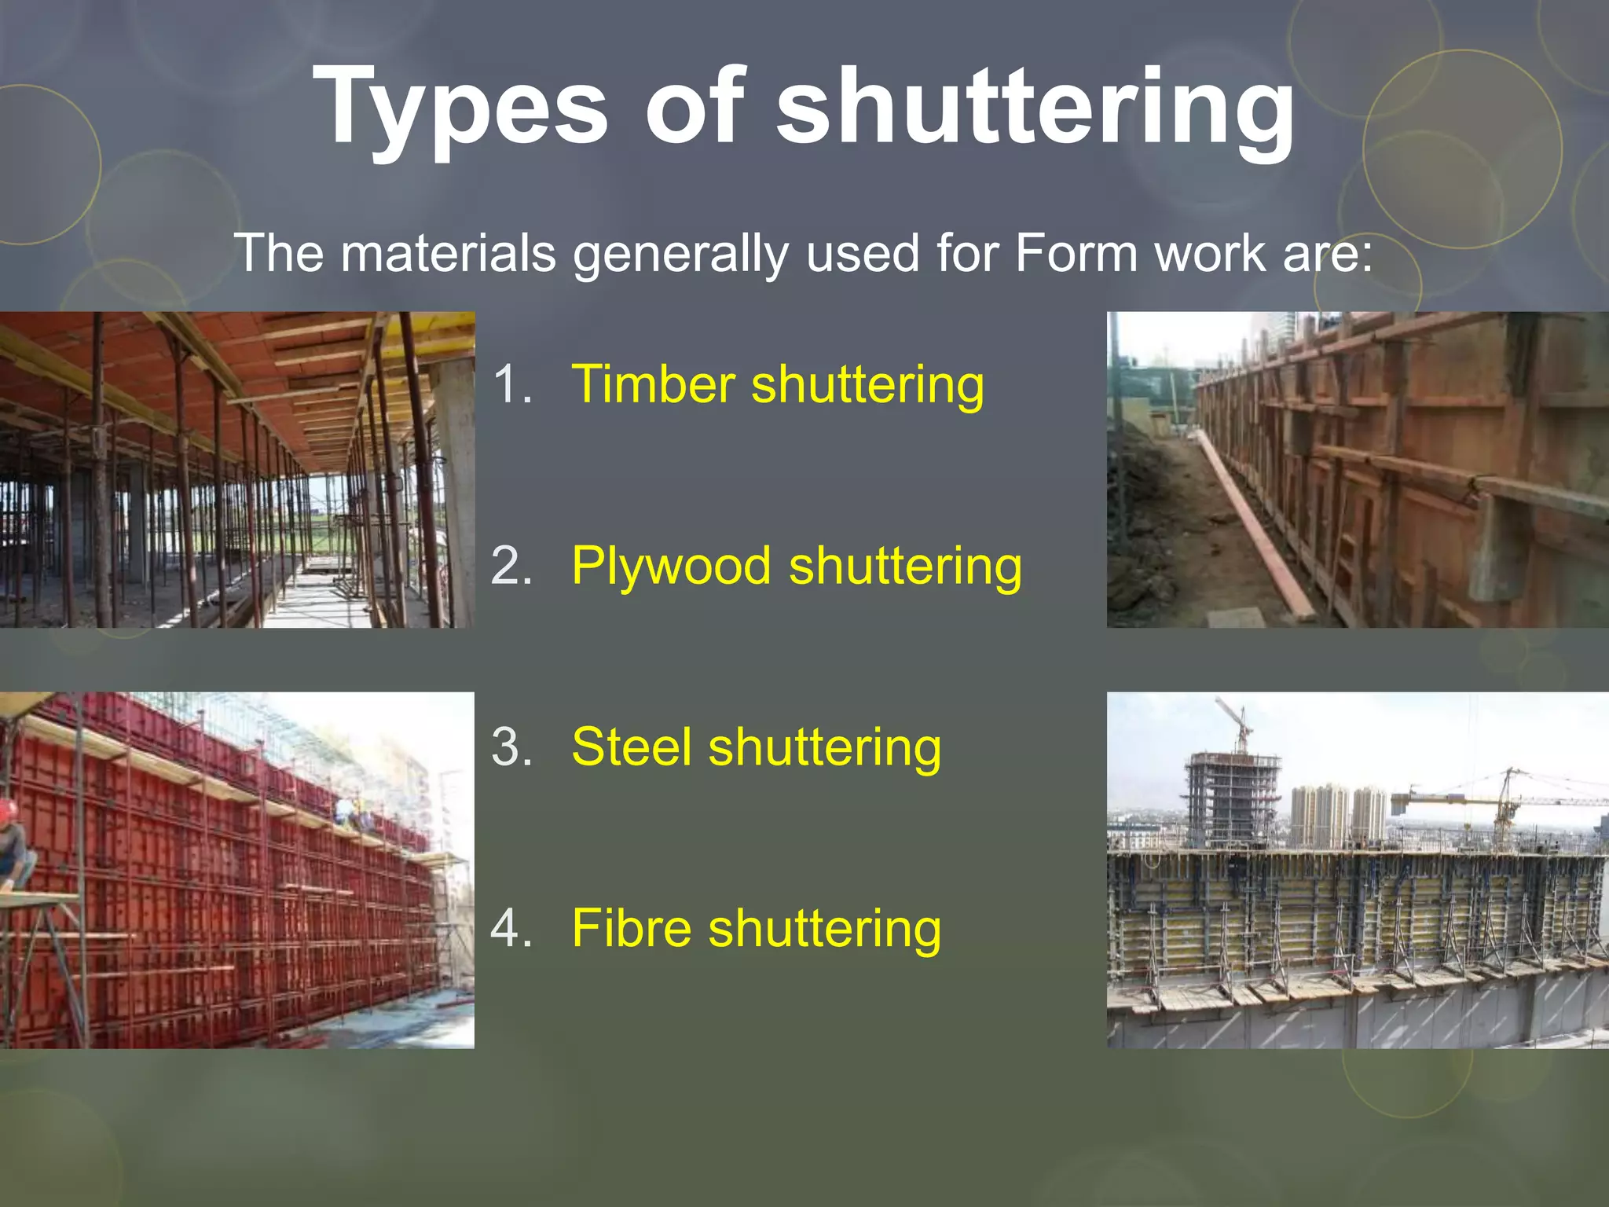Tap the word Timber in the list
pos(653,384)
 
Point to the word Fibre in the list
pos(631,928)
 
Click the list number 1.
pos(512,384)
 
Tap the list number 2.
pos(512,566)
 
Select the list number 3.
pos(512,747)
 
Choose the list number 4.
pos(512,928)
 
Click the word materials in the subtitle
pos(449,254)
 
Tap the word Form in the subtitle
pos(1076,254)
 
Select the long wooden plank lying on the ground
pos(1257,526)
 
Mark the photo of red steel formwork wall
pos(236,870)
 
